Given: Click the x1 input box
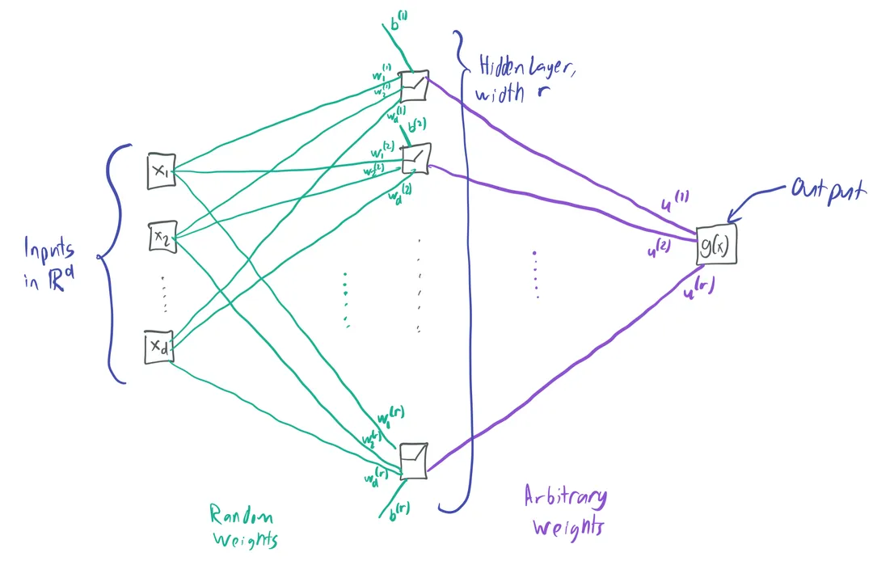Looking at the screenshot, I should (x=161, y=171).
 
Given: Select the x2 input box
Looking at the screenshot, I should (x=161, y=236).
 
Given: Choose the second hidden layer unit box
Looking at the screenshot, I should (x=416, y=158).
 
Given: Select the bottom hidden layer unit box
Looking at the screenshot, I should (x=414, y=461).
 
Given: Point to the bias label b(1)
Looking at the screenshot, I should (x=399, y=23).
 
